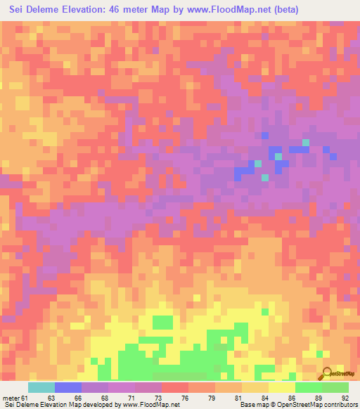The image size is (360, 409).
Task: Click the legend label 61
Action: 25,398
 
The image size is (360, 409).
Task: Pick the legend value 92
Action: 345,398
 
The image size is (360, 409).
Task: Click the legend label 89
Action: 319,398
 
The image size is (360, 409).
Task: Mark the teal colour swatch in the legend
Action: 41,387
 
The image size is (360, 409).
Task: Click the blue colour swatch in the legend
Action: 67,387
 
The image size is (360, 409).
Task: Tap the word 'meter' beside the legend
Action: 11,398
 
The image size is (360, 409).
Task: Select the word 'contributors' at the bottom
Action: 338,405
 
